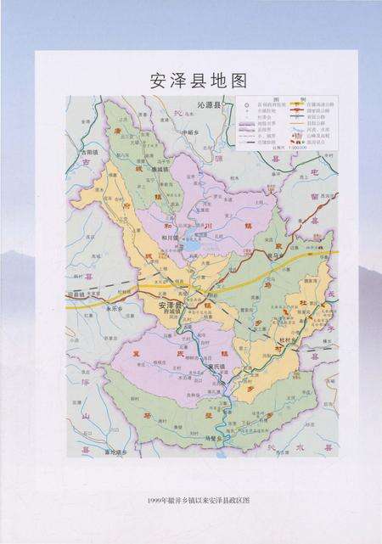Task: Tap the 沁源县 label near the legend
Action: [207, 104]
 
